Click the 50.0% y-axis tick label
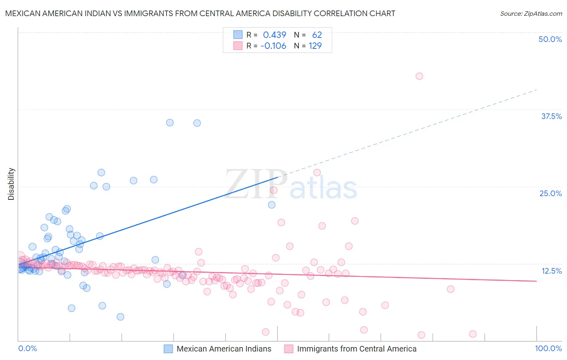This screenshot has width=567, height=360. coord(550,39)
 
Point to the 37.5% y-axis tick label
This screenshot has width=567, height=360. coord(551,116)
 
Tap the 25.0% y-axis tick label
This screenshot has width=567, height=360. coord(550,193)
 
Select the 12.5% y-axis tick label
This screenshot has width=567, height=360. coord(551,271)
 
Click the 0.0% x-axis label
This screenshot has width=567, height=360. coord(27,348)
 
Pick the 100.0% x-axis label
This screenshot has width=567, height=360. coord(548,348)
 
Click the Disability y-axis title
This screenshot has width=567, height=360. coord(11,184)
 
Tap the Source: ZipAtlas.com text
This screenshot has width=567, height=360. coord(531,13)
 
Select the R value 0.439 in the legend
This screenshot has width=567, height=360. coord(274,35)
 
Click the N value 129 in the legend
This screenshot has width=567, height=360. coord(315,46)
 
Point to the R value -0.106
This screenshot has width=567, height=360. coord(273,46)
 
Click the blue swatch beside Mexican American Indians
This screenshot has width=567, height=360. coord(168,349)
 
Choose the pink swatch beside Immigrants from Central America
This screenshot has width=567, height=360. coord(288,349)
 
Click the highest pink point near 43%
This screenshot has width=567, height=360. coord(419,76)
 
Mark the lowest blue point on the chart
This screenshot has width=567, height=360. coord(120,317)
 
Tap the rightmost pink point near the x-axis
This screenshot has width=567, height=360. coord(473,334)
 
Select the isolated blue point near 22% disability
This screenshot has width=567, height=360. coord(272,205)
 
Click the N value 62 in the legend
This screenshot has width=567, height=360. coord(317,35)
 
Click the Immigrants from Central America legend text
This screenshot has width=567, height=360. coord(356,349)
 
